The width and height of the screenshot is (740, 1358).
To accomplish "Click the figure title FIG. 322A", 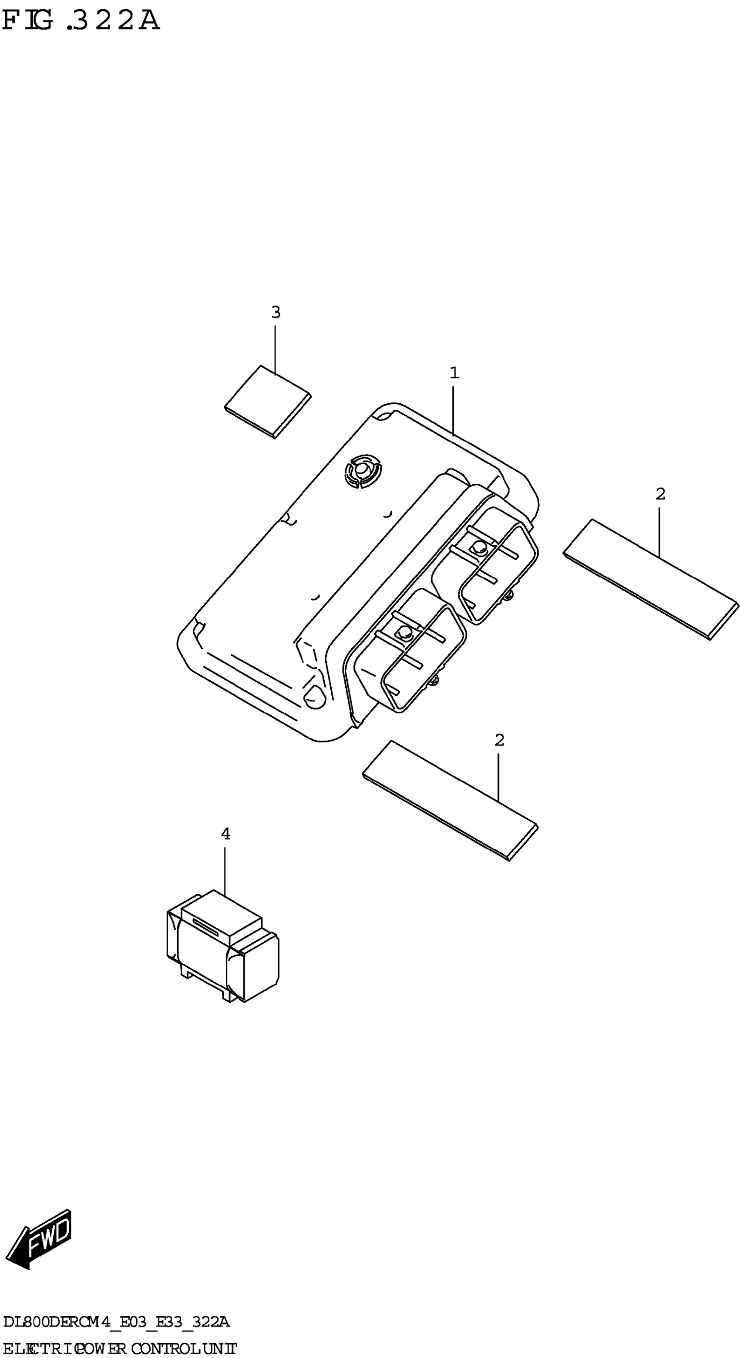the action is pyautogui.click(x=80, y=20).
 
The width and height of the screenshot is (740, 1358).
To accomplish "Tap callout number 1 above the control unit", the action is pyautogui.click(x=454, y=373).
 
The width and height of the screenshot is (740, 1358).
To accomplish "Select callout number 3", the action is pyautogui.click(x=276, y=312).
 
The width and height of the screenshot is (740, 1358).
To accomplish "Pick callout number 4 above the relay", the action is pyautogui.click(x=225, y=834).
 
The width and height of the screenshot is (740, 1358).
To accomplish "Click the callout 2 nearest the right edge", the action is pyautogui.click(x=660, y=494).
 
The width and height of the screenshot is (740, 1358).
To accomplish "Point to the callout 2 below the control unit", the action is pyautogui.click(x=499, y=740).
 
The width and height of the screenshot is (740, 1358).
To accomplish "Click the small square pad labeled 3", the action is pyautogui.click(x=267, y=402).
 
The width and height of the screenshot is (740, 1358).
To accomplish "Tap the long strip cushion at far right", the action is pyautogui.click(x=651, y=579).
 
